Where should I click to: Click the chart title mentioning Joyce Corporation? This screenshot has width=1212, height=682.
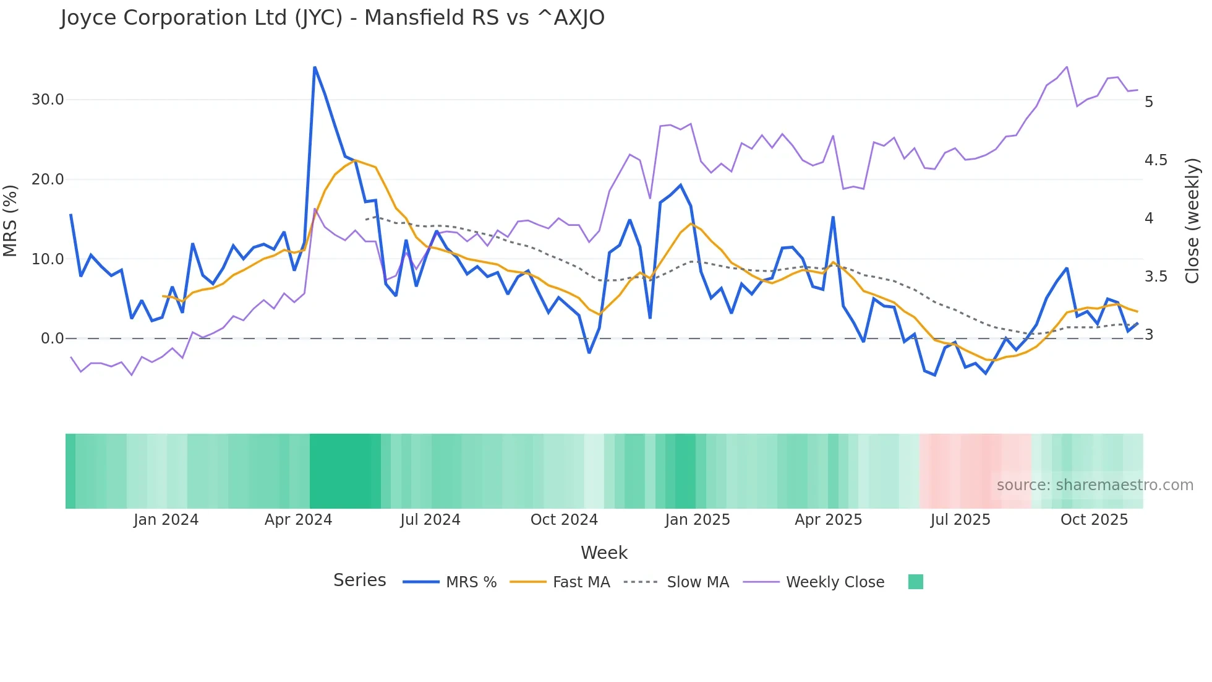pos(332,18)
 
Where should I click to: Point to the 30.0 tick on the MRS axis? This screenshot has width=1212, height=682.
pos(48,100)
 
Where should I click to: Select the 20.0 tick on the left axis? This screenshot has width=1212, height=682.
pos(48,179)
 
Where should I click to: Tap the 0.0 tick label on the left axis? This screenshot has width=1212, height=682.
pos(52,339)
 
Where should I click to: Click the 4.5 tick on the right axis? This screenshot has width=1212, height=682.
pos(1156,160)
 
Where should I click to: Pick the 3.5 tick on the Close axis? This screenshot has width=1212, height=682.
pos(1156,277)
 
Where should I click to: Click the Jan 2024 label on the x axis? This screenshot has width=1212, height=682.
pos(166,520)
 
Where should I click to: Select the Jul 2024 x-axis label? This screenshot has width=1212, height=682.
pos(430,520)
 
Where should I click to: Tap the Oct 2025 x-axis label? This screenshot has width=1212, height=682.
pos(1094,520)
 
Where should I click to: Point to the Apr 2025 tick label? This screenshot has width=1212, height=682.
pos(828,520)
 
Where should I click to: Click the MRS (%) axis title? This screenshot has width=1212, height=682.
pos(11,220)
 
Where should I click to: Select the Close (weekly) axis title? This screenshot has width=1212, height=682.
pos(1192,220)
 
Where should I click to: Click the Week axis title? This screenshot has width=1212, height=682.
pos(604,553)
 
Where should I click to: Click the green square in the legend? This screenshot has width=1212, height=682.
pos(915,582)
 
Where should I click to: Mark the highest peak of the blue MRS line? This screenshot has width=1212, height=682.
pos(315,67)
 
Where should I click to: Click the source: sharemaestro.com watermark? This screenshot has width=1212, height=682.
pos(1095,485)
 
